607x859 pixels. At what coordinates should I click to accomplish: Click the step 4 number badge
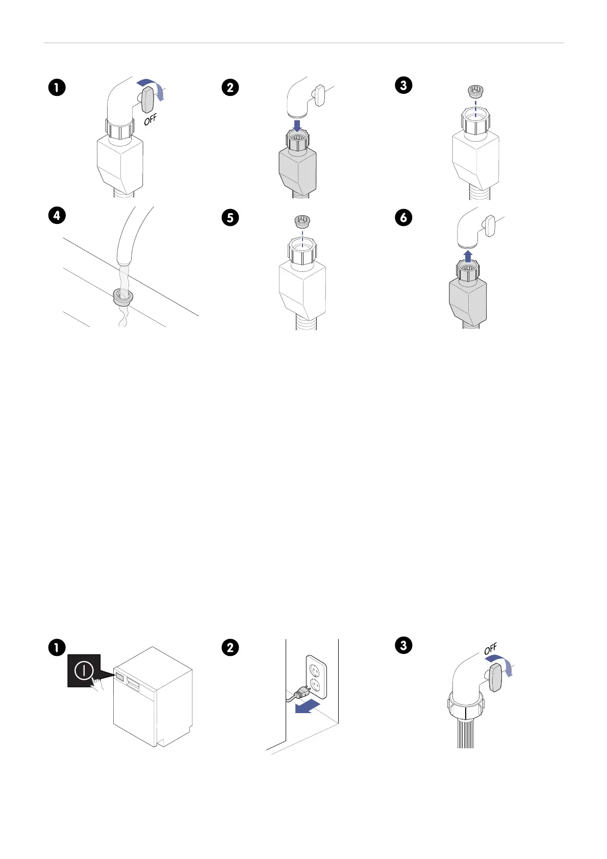[57, 215]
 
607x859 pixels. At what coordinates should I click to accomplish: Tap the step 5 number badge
[230, 218]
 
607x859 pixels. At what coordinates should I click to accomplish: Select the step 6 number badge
[403, 218]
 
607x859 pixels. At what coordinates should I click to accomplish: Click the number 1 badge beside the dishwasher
[57, 647]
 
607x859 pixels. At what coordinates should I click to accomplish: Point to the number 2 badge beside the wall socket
[230, 647]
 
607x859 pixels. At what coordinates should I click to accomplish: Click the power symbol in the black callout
[83, 670]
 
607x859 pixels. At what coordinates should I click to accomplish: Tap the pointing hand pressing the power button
[97, 685]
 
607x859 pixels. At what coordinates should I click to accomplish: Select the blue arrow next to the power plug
[308, 707]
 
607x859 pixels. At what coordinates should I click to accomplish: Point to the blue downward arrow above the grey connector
[297, 124]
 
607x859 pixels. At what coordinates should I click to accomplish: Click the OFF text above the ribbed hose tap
[490, 649]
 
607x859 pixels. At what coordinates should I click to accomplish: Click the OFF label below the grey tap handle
[150, 120]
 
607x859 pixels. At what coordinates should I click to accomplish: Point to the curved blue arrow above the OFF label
[153, 85]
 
